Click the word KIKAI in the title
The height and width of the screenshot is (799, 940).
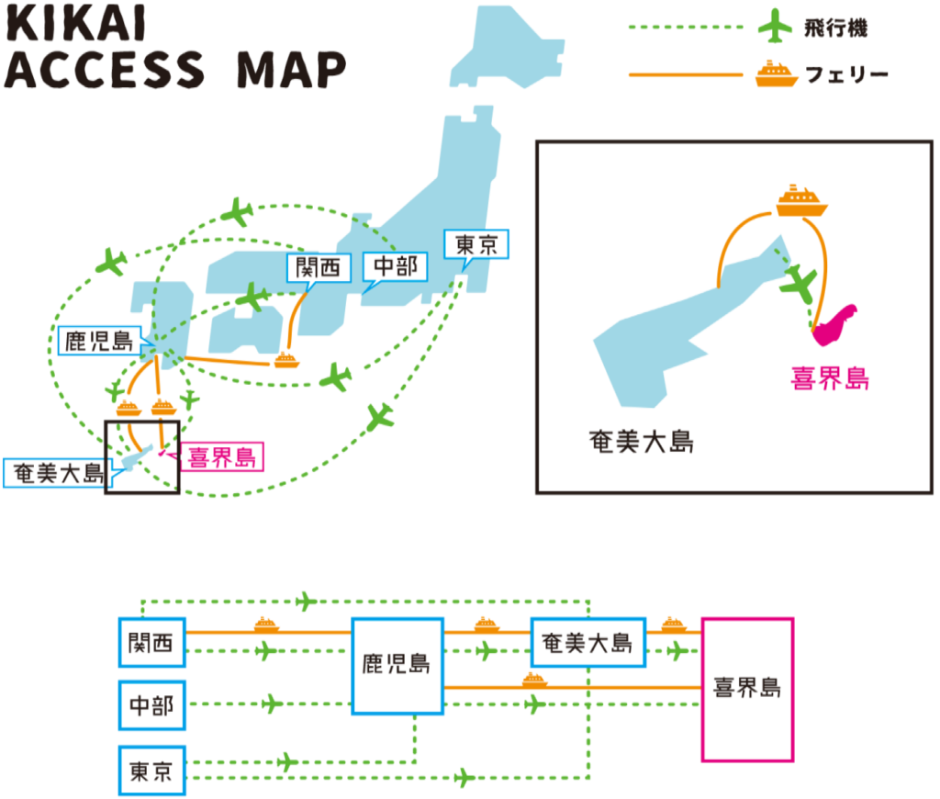[75, 26]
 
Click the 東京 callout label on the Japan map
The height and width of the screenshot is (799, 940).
[476, 245]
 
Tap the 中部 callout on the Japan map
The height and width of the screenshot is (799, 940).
[395, 266]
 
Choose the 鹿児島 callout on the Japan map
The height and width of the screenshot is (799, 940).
[97, 342]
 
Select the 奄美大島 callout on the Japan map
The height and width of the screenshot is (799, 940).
[55, 473]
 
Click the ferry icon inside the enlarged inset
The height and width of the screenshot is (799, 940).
[801, 202]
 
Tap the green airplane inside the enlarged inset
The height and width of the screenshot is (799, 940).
[800, 284]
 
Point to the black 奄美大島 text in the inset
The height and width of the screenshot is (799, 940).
[641, 441]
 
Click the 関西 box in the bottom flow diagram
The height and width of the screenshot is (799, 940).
[151, 642]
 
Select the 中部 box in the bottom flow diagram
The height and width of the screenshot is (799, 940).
[151, 705]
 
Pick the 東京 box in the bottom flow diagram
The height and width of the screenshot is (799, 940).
[151, 770]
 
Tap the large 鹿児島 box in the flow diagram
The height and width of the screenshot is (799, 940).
[397, 665]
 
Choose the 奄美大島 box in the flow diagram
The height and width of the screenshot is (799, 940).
[587, 642]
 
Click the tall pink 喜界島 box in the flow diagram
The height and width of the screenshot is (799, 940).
[746, 689]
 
